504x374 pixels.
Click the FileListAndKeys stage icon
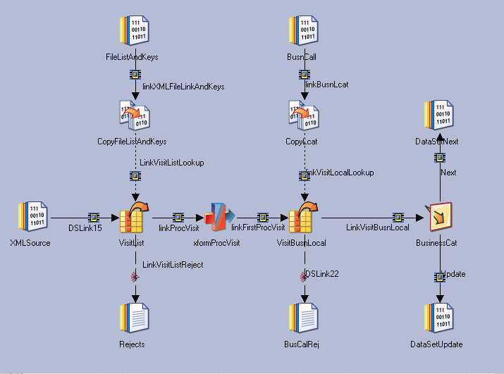[x=135, y=32]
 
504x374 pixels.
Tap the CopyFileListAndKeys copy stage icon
[x=134, y=116]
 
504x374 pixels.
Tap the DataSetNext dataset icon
[x=438, y=116]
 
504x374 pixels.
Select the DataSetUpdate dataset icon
[x=438, y=318]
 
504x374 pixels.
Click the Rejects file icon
[x=134, y=318]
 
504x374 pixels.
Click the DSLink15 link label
[x=85, y=228]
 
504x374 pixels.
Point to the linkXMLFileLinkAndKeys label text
[x=183, y=87]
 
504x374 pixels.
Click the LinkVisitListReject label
[x=173, y=264]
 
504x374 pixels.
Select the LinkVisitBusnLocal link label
[x=378, y=227]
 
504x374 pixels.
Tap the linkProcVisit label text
[x=179, y=227]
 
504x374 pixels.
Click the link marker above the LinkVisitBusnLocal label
[x=398, y=217]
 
